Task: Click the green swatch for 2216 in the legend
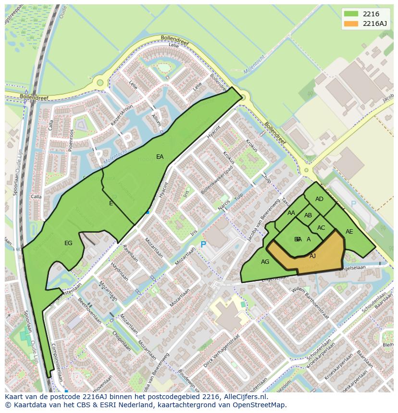351,14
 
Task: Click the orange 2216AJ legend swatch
351,24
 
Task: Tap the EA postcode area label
160,157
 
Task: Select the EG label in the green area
68,243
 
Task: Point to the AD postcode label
319,199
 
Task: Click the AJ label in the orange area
312,256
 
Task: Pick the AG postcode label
265,262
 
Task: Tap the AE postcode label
349,232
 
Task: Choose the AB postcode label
308,215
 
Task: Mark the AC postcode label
321,228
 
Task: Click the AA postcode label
291,213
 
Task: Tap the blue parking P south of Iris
203,245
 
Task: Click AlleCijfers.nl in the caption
243,397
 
